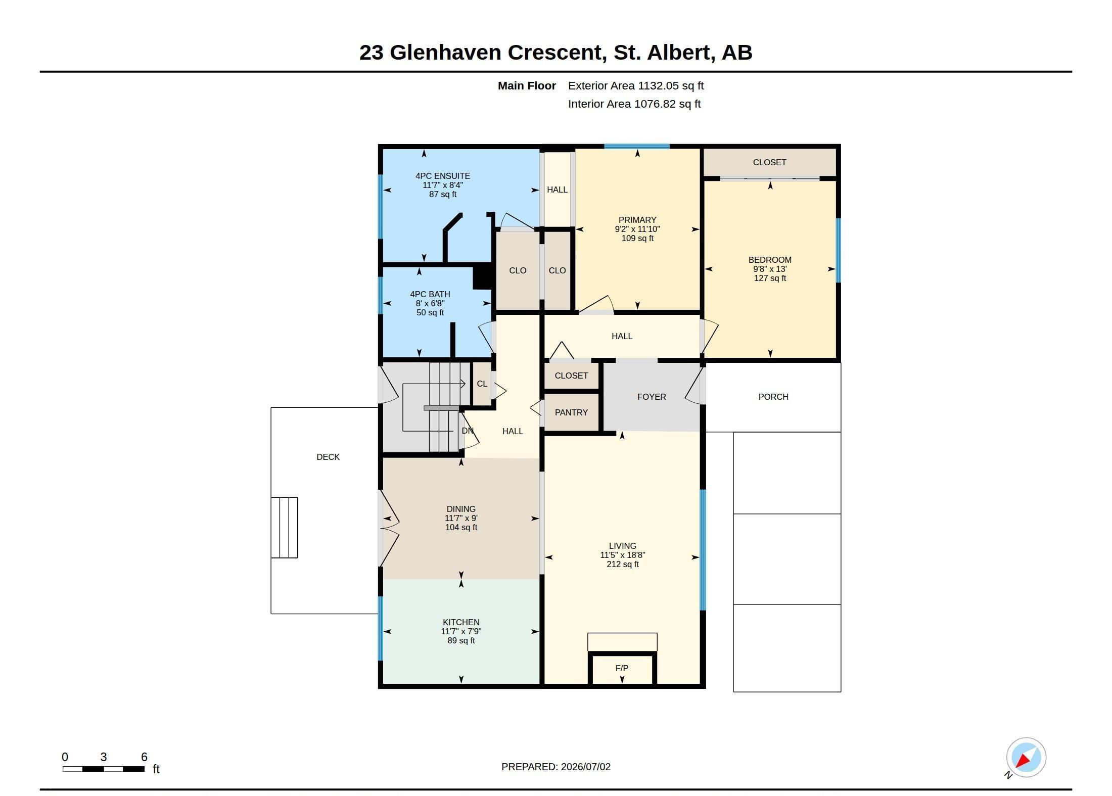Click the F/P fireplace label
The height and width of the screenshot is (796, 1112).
pos(622,668)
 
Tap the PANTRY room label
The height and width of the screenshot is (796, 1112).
pos(571,412)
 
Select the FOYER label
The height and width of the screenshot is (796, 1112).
pos(652,397)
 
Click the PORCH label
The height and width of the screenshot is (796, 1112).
pos(773,397)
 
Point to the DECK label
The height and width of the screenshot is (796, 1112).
pos(328,457)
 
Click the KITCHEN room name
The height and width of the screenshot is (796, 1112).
pos(461,622)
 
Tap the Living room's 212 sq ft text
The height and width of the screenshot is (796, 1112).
pos(623,564)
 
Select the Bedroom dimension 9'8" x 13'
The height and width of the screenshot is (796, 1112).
pos(770,269)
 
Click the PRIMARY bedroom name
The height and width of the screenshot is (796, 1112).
pos(637,220)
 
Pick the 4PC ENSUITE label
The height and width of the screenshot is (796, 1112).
pos(443,176)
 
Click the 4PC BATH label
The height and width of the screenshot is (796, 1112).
pos(430,294)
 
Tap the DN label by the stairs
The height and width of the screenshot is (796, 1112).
pos(468,431)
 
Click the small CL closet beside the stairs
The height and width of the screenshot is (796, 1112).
pos(482,384)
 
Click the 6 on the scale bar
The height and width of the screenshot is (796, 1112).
pos(144,757)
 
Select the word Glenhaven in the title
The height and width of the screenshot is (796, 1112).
pos(445,53)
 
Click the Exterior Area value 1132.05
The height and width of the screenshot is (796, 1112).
pos(658,85)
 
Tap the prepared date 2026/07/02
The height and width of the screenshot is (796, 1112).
pos(586,767)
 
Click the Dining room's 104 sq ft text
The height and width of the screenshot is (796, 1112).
pos(461,527)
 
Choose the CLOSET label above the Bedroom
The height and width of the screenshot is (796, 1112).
pos(769,162)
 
